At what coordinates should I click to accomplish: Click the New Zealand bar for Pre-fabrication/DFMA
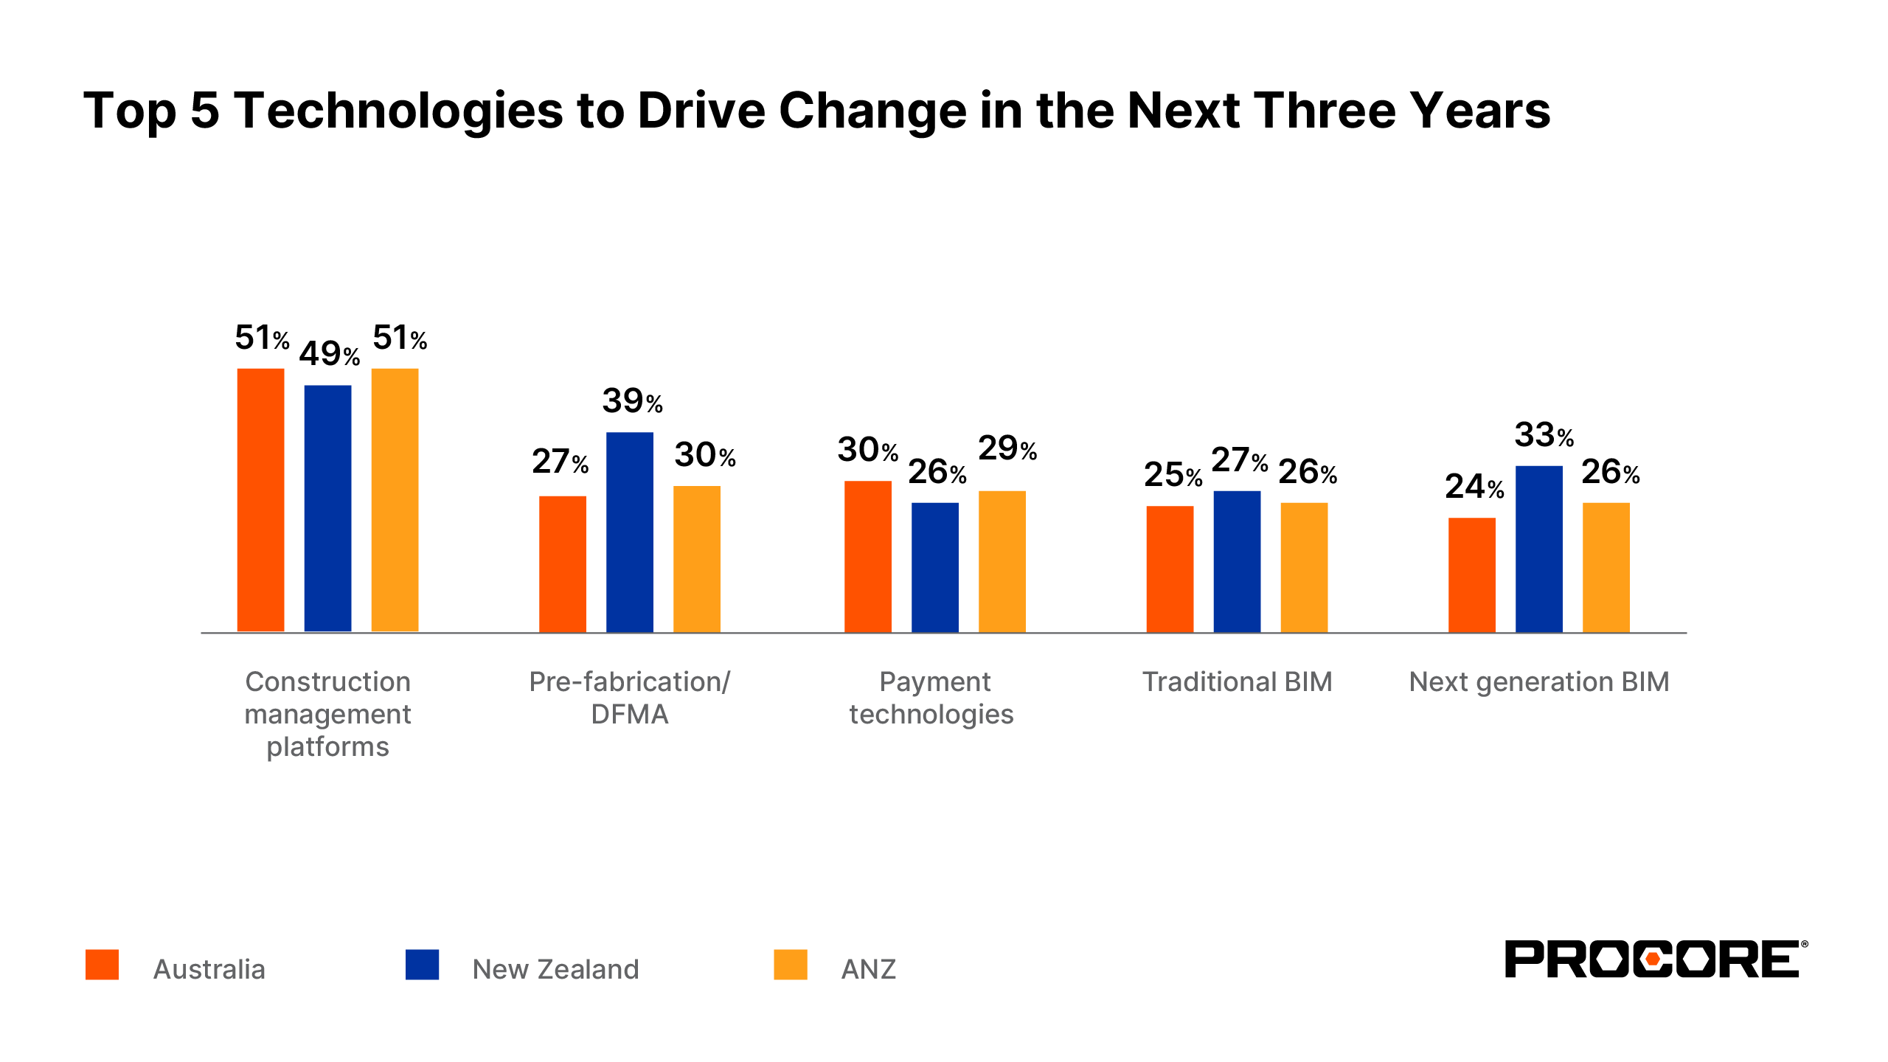(629, 532)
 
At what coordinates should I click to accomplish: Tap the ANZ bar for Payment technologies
(1002, 561)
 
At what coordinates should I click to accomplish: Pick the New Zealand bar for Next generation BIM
(1538, 549)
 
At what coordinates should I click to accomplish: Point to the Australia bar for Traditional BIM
(1170, 569)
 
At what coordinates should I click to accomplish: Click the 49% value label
(329, 355)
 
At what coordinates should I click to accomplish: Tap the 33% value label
(1544, 435)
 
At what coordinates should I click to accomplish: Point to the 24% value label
(1474, 487)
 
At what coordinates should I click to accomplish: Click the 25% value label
(1173, 475)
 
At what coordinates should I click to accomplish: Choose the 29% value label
(1007, 448)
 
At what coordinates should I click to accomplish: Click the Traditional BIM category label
(1237, 681)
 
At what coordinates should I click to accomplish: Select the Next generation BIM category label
(1538, 681)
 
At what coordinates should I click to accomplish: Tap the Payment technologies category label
(932, 698)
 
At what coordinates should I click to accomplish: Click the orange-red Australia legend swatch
(102, 965)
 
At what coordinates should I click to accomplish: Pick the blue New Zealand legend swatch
(422, 965)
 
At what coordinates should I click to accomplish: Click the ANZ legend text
(868, 969)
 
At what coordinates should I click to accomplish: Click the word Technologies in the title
(399, 111)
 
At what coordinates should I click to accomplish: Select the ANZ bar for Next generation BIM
(1606, 567)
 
